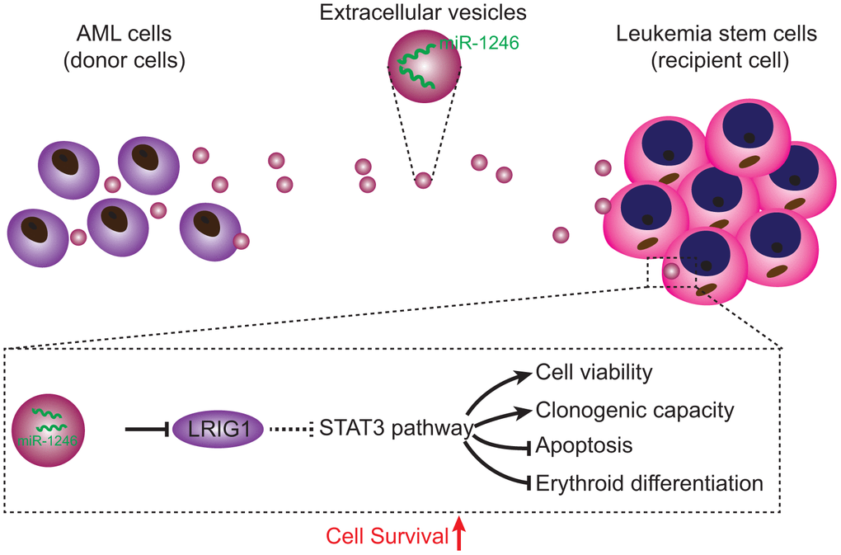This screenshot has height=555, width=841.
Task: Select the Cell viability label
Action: [594, 372]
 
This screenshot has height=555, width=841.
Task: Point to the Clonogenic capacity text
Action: [634, 409]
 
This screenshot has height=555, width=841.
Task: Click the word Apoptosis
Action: [584, 446]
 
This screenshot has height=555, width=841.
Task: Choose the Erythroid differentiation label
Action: [650, 482]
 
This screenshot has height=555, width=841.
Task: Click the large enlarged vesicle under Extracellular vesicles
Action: [422, 66]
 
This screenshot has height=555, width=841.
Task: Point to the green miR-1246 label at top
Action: [478, 44]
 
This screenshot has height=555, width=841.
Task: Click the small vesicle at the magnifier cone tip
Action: [423, 179]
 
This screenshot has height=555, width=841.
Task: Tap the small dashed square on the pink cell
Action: [671, 271]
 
